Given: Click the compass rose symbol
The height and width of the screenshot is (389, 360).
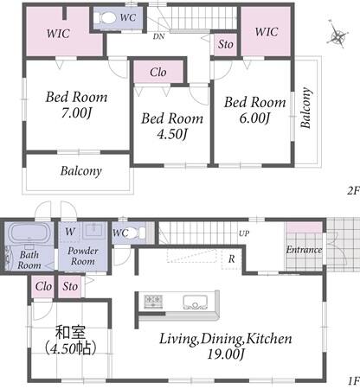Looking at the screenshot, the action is pyautogui.click(x=337, y=35).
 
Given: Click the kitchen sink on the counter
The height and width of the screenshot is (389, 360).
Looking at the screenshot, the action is pyautogui.click(x=196, y=303).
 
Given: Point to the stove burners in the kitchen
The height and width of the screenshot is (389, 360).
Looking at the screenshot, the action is pyautogui.click(x=153, y=302).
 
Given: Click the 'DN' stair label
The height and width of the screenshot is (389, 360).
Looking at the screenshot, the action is pyautogui.click(x=158, y=36).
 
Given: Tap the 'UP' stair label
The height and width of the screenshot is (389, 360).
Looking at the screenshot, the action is pyautogui.click(x=244, y=233).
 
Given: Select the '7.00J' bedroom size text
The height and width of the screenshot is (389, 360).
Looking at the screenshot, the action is pyautogui.click(x=76, y=112).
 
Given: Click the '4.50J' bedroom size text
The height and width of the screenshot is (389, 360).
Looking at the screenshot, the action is pyautogui.click(x=172, y=134).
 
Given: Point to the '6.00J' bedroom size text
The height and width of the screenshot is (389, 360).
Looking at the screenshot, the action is pyautogui.click(x=254, y=118).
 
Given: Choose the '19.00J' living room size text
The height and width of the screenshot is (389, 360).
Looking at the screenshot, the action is pyautogui.click(x=226, y=354).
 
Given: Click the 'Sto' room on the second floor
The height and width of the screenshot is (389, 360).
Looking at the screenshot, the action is pyautogui.click(x=226, y=44).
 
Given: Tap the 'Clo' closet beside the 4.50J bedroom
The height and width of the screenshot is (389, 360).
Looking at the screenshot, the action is pyautogui.click(x=158, y=72).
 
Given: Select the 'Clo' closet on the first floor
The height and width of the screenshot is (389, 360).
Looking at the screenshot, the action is pyautogui.click(x=43, y=286).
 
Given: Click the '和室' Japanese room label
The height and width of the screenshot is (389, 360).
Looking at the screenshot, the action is pyautogui.click(x=71, y=333).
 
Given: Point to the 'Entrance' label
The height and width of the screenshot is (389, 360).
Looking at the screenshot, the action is pyautogui.click(x=304, y=250).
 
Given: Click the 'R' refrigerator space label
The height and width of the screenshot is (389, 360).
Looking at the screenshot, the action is pyautogui.click(x=232, y=259).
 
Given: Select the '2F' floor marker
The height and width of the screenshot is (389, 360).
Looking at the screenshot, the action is pyautogui.click(x=354, y=190).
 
